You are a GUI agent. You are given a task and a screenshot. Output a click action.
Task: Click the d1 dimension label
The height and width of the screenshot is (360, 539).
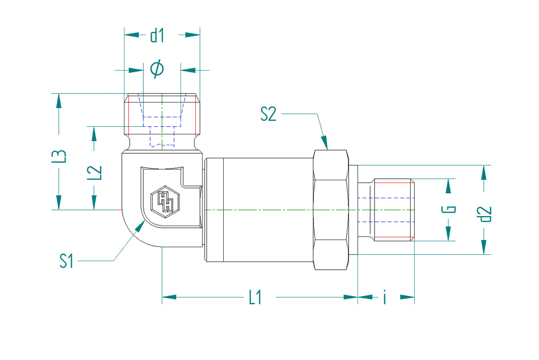(157, 36)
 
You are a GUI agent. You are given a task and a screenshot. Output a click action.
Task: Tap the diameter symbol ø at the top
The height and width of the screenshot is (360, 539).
(157, 69)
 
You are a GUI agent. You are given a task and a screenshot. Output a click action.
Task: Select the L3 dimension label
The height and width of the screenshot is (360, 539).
(59, 156)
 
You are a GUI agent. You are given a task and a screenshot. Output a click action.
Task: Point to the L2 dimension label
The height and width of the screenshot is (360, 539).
(94, 173)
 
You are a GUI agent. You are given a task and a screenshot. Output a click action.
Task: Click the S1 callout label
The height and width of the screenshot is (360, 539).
(66, 261)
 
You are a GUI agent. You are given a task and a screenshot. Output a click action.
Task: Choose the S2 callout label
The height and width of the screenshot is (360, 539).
(268, 114)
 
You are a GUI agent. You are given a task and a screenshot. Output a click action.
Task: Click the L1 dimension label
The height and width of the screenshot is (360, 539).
(255, 297)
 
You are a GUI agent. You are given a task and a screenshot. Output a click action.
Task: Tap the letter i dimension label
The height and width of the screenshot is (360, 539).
(385, 297)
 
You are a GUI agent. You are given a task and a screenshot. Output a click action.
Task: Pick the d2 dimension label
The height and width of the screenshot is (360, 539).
(484, 214)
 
